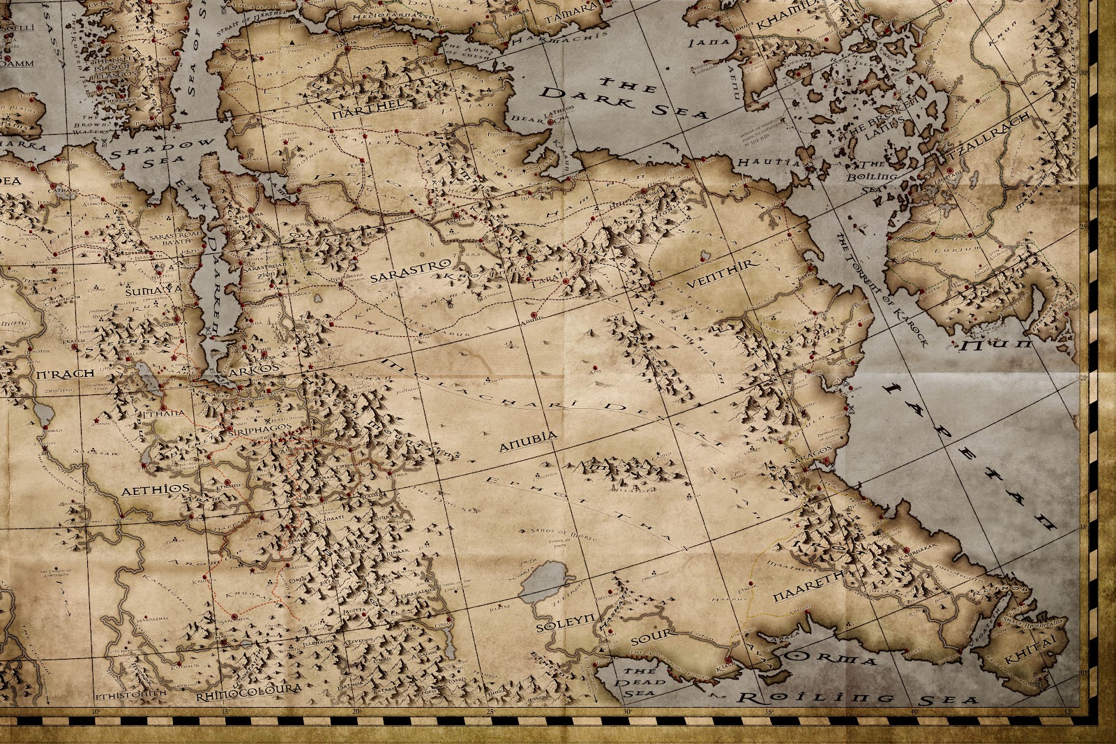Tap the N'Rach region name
click(x=63, y=373)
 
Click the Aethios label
click(x=155, y=490)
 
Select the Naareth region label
click(x=804, y=597)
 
